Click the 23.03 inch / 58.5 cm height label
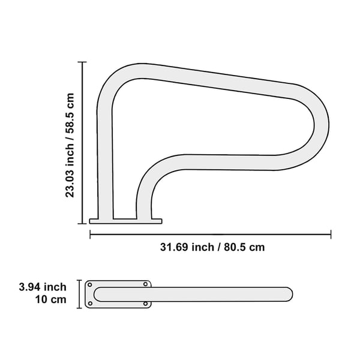[x=70, y=145]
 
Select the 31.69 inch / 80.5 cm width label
[x=212, y=247]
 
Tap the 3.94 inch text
[x=43, y=287]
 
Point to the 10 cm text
[x=50, y=299]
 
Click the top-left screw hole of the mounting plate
[x=90, y=285]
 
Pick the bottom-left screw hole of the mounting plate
[x=90, y=304]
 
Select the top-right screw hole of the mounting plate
[x=145, y=284]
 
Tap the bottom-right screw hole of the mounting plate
[x=145, y=304]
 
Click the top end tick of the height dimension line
[x=82, y=62]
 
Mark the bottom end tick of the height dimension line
[x=82, y=223]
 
